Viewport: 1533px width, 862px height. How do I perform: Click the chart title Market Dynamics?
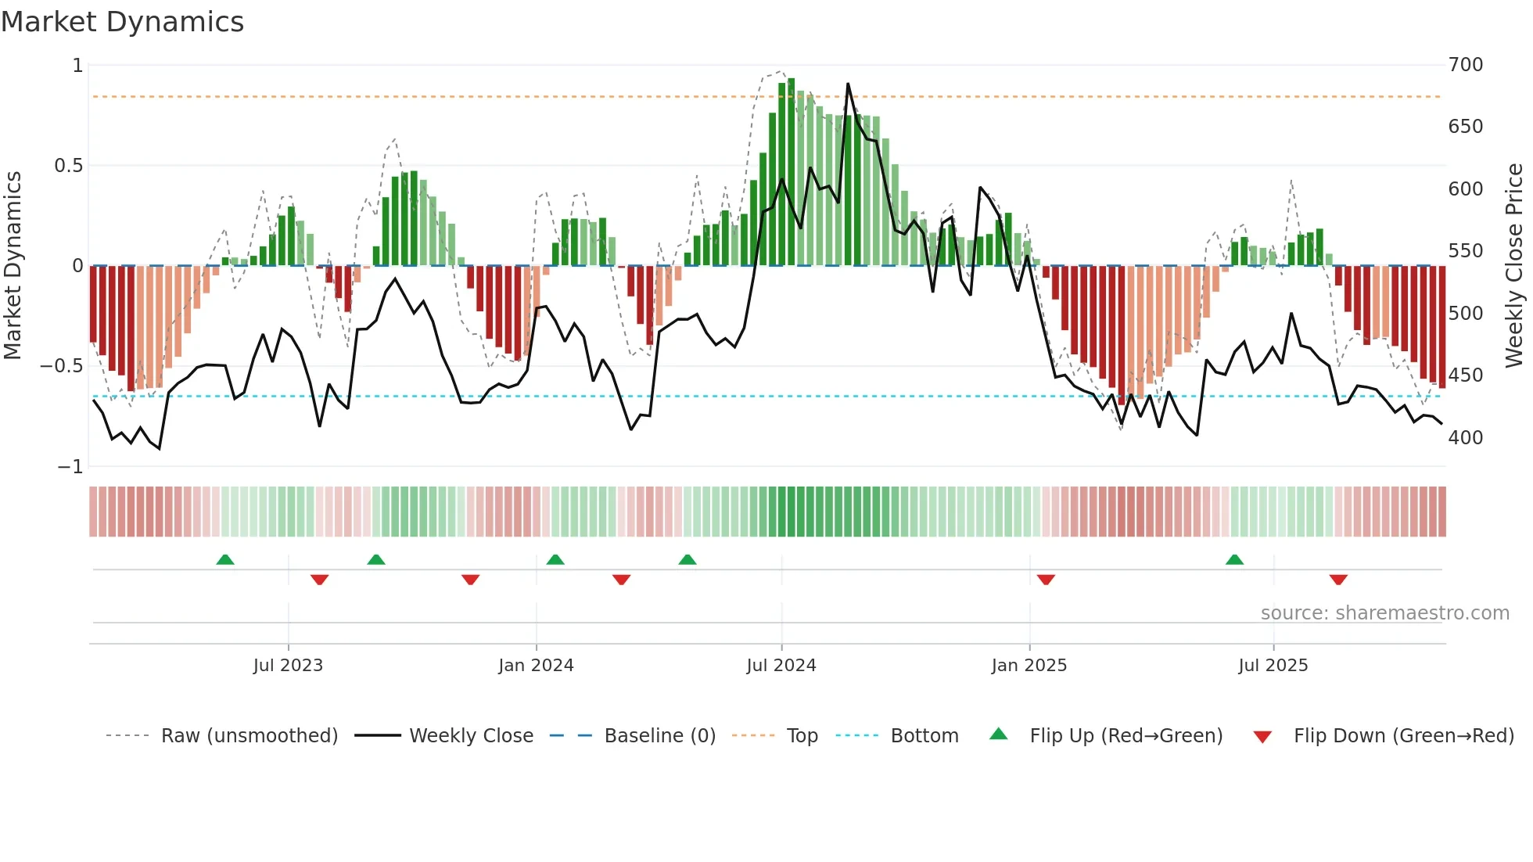pos(122,22)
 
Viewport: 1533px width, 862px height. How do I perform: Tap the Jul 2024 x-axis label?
pos(781,666)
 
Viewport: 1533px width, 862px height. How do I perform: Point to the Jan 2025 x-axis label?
pos(1029,666)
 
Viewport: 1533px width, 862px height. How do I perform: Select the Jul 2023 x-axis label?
pos(288,666)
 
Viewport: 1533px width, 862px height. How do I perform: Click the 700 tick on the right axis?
pos(1465,65)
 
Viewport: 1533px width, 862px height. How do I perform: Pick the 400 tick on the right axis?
pos(1465,438)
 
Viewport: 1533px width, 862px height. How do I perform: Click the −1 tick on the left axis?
pos(70,467)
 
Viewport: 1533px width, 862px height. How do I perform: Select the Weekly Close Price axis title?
pos(1514,266)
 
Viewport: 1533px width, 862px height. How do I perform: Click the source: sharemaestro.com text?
pos(1384,613)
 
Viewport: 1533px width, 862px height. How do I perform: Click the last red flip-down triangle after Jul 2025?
pos(1338,580)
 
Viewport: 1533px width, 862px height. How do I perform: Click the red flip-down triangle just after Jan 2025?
pos(1046,580)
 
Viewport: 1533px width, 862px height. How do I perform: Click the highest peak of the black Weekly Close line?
pos(848,84)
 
